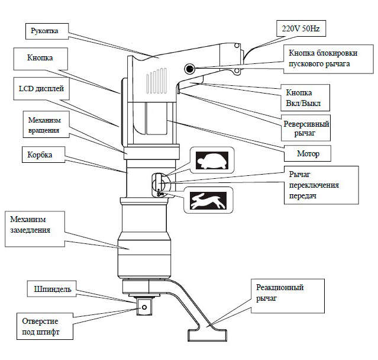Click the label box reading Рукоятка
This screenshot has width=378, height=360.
(x=47, y=31)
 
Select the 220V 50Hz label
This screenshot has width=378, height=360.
(x=301, y=28)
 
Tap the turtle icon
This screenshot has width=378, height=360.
(x=212, y=160)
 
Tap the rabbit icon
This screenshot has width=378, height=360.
(x=208, y=200)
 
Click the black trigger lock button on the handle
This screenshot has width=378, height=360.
(x=190, y=69)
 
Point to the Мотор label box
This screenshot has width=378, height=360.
(x=308, y=153)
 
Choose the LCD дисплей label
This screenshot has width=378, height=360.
(x=41, y=89)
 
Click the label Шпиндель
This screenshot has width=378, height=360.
(x=51, y=289)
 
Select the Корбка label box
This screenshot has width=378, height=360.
(x=43, y=155)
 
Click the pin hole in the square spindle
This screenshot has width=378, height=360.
(x=144, y=307)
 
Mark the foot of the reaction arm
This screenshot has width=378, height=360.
(x=207, y=335)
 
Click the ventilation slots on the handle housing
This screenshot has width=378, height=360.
(x=156, y=81)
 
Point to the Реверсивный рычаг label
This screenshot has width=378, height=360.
(x=306, y=128)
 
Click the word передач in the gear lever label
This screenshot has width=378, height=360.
(x=303, y=196)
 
